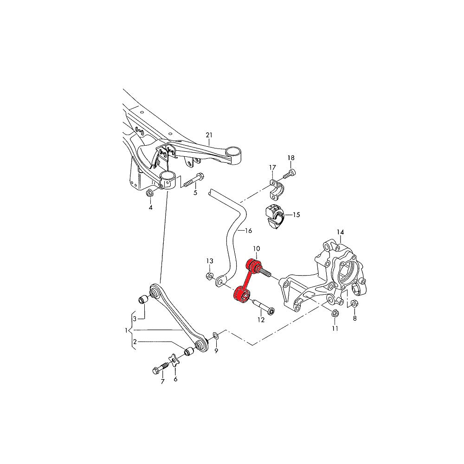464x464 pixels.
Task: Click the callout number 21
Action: (x=209, y=135)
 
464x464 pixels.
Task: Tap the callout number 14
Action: (x=340, y=232)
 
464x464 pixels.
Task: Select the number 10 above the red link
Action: (x=257, y=249)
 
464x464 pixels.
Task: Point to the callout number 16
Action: (x=248, y=231)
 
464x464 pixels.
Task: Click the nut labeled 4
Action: (x=150, y=193)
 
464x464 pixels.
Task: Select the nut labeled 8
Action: (x=354, y=304)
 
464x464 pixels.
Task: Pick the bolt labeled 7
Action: (x=159, y=369)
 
